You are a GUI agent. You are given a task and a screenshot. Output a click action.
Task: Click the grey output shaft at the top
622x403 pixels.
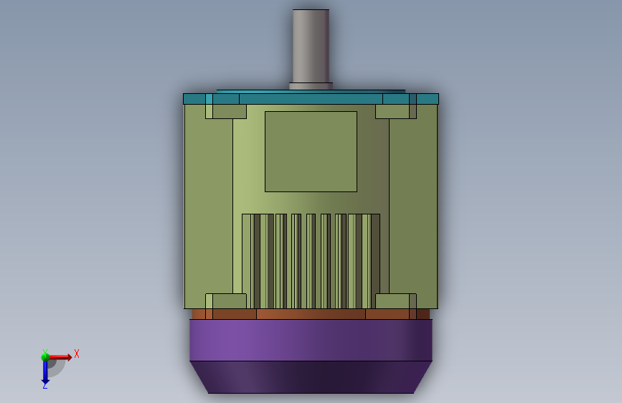pyautogui.click(x=311, y=47)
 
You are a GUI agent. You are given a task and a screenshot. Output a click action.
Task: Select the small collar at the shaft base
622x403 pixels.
pyautogui.click(x=311, y=87)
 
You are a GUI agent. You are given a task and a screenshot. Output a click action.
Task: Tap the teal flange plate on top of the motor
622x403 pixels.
pyautogui.click(x=311, y=98)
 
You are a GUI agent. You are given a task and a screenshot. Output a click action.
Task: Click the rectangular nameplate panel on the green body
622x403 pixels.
pyautogui.click(x=311, y=151)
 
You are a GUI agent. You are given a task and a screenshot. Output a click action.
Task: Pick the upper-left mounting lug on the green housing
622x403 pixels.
pyautogui.click(x=226, y=111)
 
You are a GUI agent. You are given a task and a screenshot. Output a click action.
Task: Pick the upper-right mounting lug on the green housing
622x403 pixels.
pyautogui.click(x=396, y=111)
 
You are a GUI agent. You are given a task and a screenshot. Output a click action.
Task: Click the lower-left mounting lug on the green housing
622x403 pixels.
pyautogui.click(x=226, y=301)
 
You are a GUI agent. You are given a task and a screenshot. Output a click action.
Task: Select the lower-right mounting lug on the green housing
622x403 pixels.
pyautogui.click(x=396, y=301)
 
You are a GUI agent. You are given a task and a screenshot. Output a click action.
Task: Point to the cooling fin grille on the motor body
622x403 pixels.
pyautogui.click(x=311, y=262)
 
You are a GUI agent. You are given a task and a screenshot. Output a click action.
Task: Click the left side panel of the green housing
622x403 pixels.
pyautogui.click(x=209, y=207)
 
